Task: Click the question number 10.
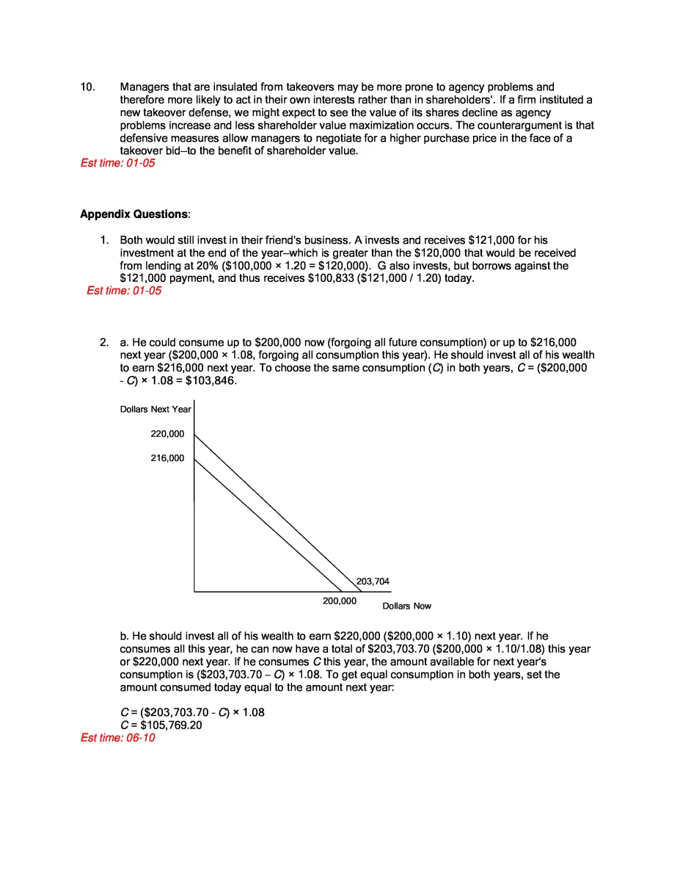[87, 87]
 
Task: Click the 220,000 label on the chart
[167, 434]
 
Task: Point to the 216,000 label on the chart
[167, 458]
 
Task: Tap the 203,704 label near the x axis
[373, 581]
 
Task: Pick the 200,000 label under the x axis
[340, 601]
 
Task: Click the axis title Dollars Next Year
[156, 409]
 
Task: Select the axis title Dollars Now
[406, 606]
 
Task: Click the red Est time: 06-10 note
[117, 738]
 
